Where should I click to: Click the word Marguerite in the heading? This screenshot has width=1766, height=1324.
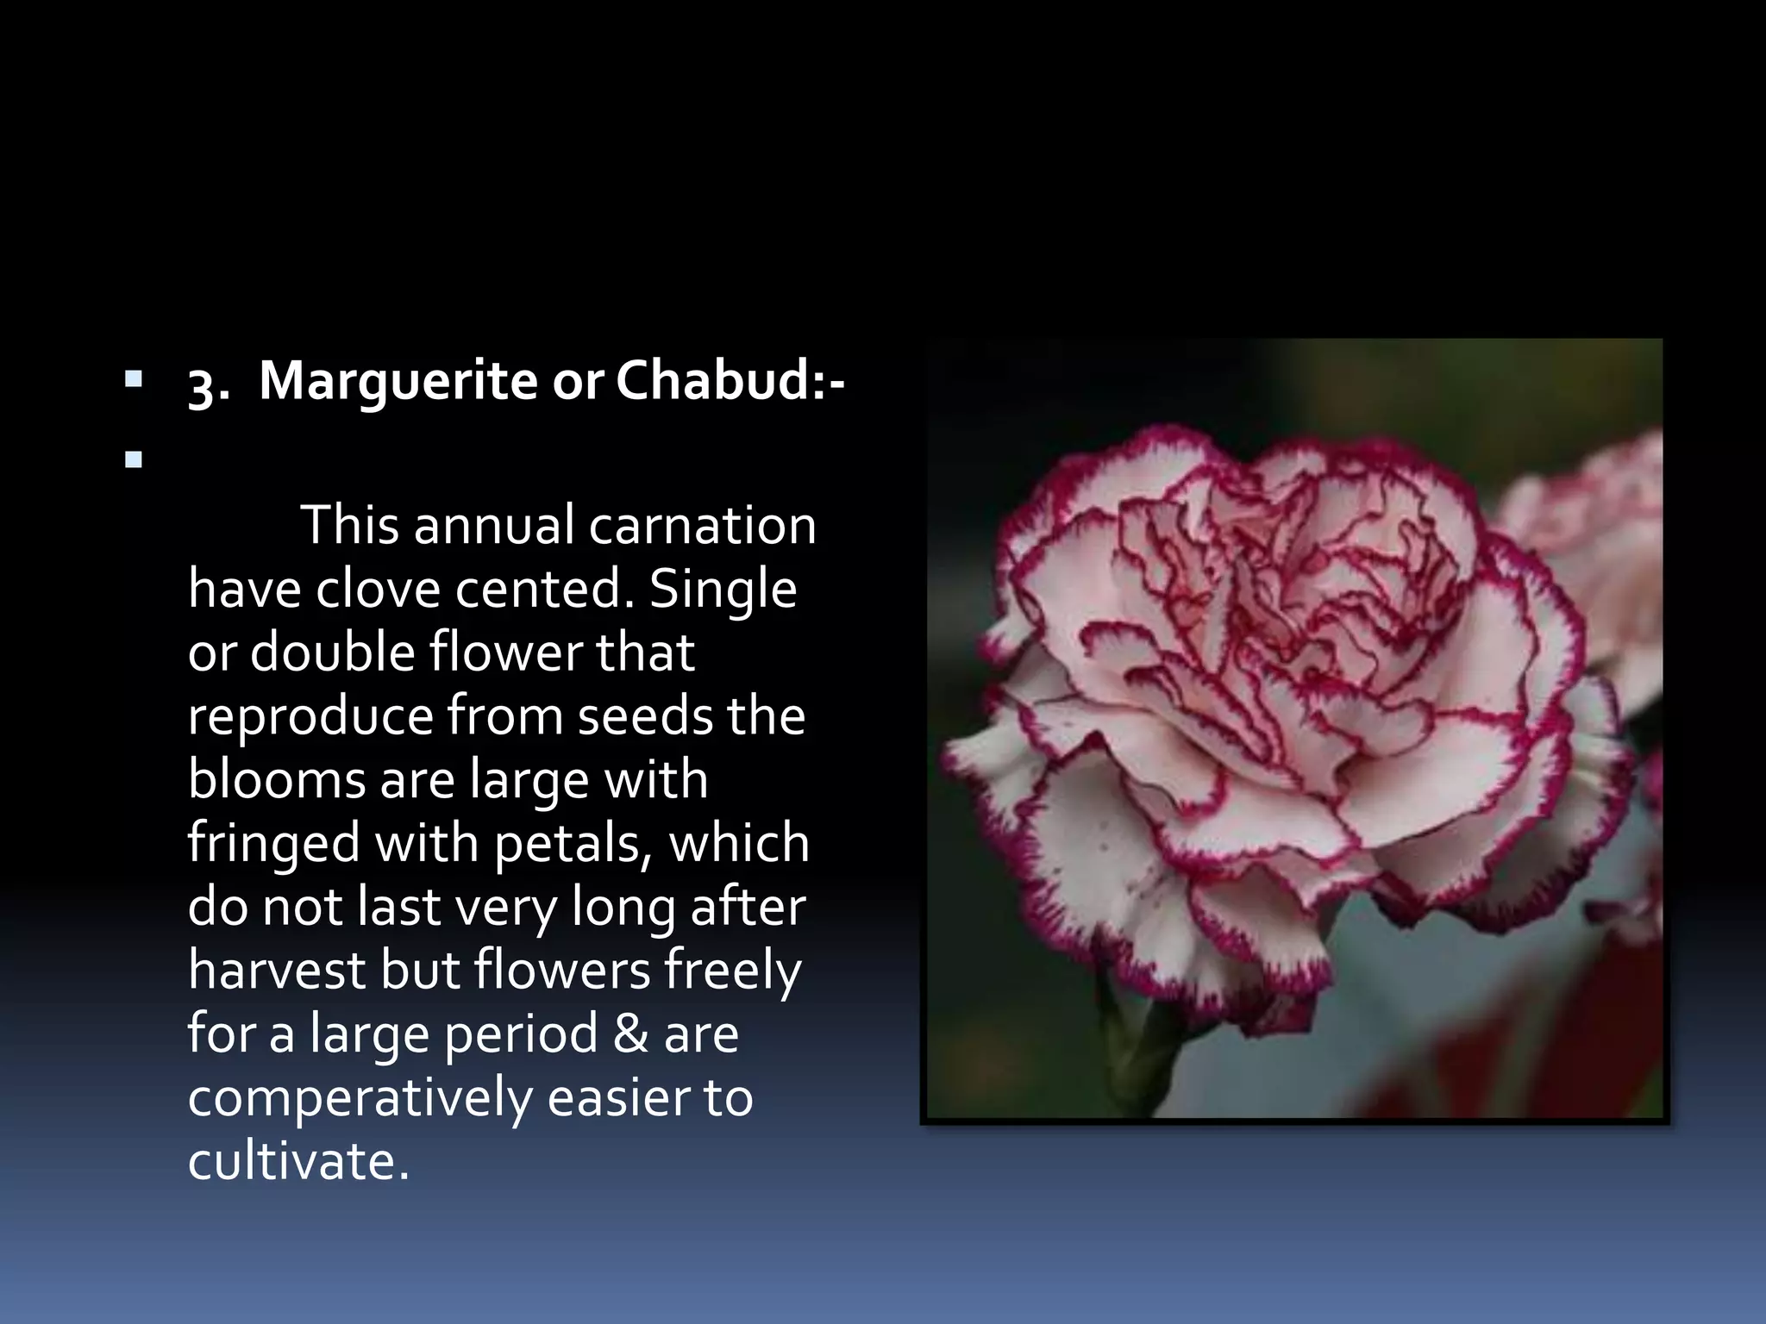click(398, 381)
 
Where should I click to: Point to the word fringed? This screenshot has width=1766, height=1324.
click(273, 845)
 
